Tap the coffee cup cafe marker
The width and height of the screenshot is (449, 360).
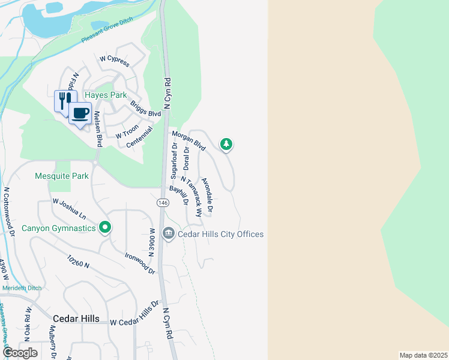80,112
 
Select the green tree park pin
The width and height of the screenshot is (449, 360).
226,144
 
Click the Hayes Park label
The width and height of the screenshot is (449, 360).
105,95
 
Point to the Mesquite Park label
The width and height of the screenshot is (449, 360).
62,176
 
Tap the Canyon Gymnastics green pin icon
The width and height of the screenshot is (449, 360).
105,227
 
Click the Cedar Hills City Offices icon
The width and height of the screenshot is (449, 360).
169,233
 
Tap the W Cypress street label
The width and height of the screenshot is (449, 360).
115,59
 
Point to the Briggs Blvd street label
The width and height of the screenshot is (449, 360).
146,109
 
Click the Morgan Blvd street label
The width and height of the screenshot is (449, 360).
188,141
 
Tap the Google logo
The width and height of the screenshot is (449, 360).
20,352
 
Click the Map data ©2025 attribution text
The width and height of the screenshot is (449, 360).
423,355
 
